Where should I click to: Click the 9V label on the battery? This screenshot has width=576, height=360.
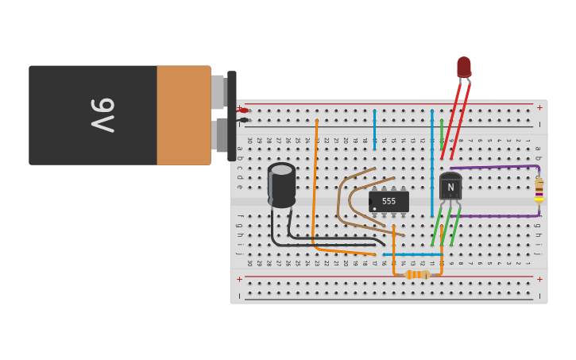(x=102, y=115)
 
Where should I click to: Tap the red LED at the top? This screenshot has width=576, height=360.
(x=464, y=67)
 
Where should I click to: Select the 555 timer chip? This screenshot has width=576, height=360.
(x=389, y=201)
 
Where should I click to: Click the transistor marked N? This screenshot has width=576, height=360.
(x=450, y=188)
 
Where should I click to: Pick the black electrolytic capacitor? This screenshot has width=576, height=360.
(x=281, y=184)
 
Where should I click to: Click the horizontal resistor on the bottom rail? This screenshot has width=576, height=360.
(x=417, y=274)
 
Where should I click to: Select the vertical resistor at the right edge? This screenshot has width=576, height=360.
(x=539, y=190)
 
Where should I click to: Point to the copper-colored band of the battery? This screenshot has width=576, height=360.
(x=184, y=115)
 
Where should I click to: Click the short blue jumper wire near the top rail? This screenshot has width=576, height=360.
(x=374, y=130)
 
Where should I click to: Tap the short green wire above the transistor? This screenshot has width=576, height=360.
(x=442, y=133)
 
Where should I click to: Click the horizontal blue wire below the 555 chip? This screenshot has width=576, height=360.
(x=413, y=254)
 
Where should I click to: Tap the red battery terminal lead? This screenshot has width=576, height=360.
(x=244, y=110)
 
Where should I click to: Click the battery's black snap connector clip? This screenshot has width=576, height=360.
(x=232, y=115)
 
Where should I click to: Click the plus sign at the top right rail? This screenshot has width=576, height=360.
(x=539, y=107)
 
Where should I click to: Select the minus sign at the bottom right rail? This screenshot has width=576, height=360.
(x=539, y=295)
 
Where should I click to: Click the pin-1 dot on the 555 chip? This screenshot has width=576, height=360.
(x=374, y=209)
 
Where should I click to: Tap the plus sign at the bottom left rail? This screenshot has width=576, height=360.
(x=239, y=279)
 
